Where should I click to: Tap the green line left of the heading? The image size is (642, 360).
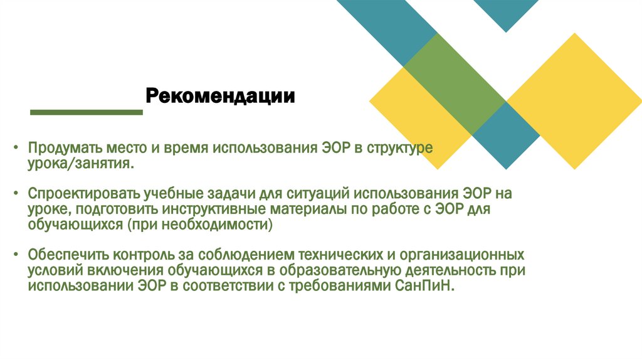tap(87, 112)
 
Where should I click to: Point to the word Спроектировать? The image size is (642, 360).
tap(82, 194)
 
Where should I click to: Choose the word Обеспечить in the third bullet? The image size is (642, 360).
tap(68, 255)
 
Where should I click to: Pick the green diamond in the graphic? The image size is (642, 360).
tap(455, 84)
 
